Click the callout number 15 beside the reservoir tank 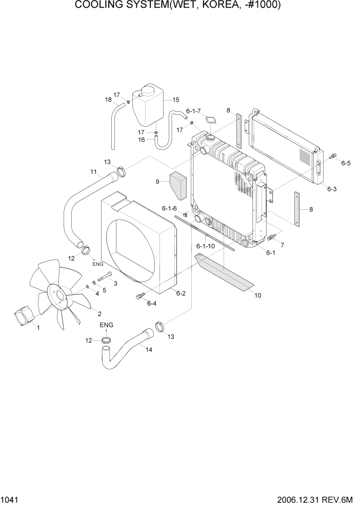point(175,100)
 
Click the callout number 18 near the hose point(108,99)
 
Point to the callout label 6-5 point(346,164)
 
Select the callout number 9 point(158,181)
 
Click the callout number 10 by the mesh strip point(258,295)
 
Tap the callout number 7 point(282,245)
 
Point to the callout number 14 point(149,349)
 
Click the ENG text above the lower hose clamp point(106,325)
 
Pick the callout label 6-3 point(332,189)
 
